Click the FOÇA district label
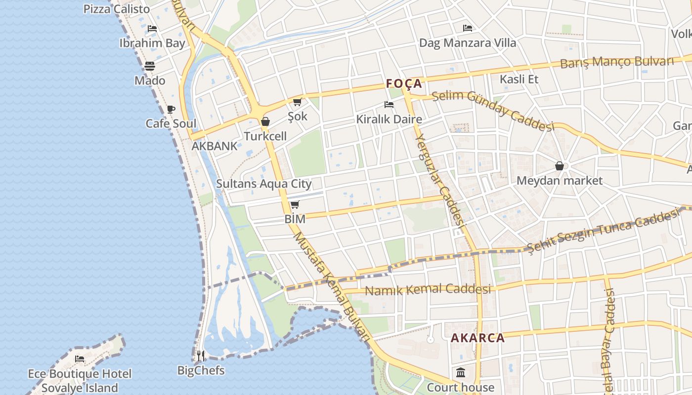coord(404,83)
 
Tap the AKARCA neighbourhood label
coord(477,338)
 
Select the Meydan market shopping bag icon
coord(560,166)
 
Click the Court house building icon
coord(461,372)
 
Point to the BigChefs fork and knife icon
coord(201,355)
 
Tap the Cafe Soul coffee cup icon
coord(171,109)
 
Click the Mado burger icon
coord(150,66)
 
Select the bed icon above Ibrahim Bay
coord(152,29)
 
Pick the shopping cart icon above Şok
coord(297,102)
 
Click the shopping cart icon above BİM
coord(295,204)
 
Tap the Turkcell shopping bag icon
coord(265,121)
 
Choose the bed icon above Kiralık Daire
coord(389,105)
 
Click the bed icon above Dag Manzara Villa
coord(468,28)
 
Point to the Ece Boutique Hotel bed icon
coord(80,359)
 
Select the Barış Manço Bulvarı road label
coord(617,62)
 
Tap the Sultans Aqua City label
coord(263,184)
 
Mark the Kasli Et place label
coord(519,79)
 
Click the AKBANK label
coord(215,146)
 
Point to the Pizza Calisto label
coord(117,9)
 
